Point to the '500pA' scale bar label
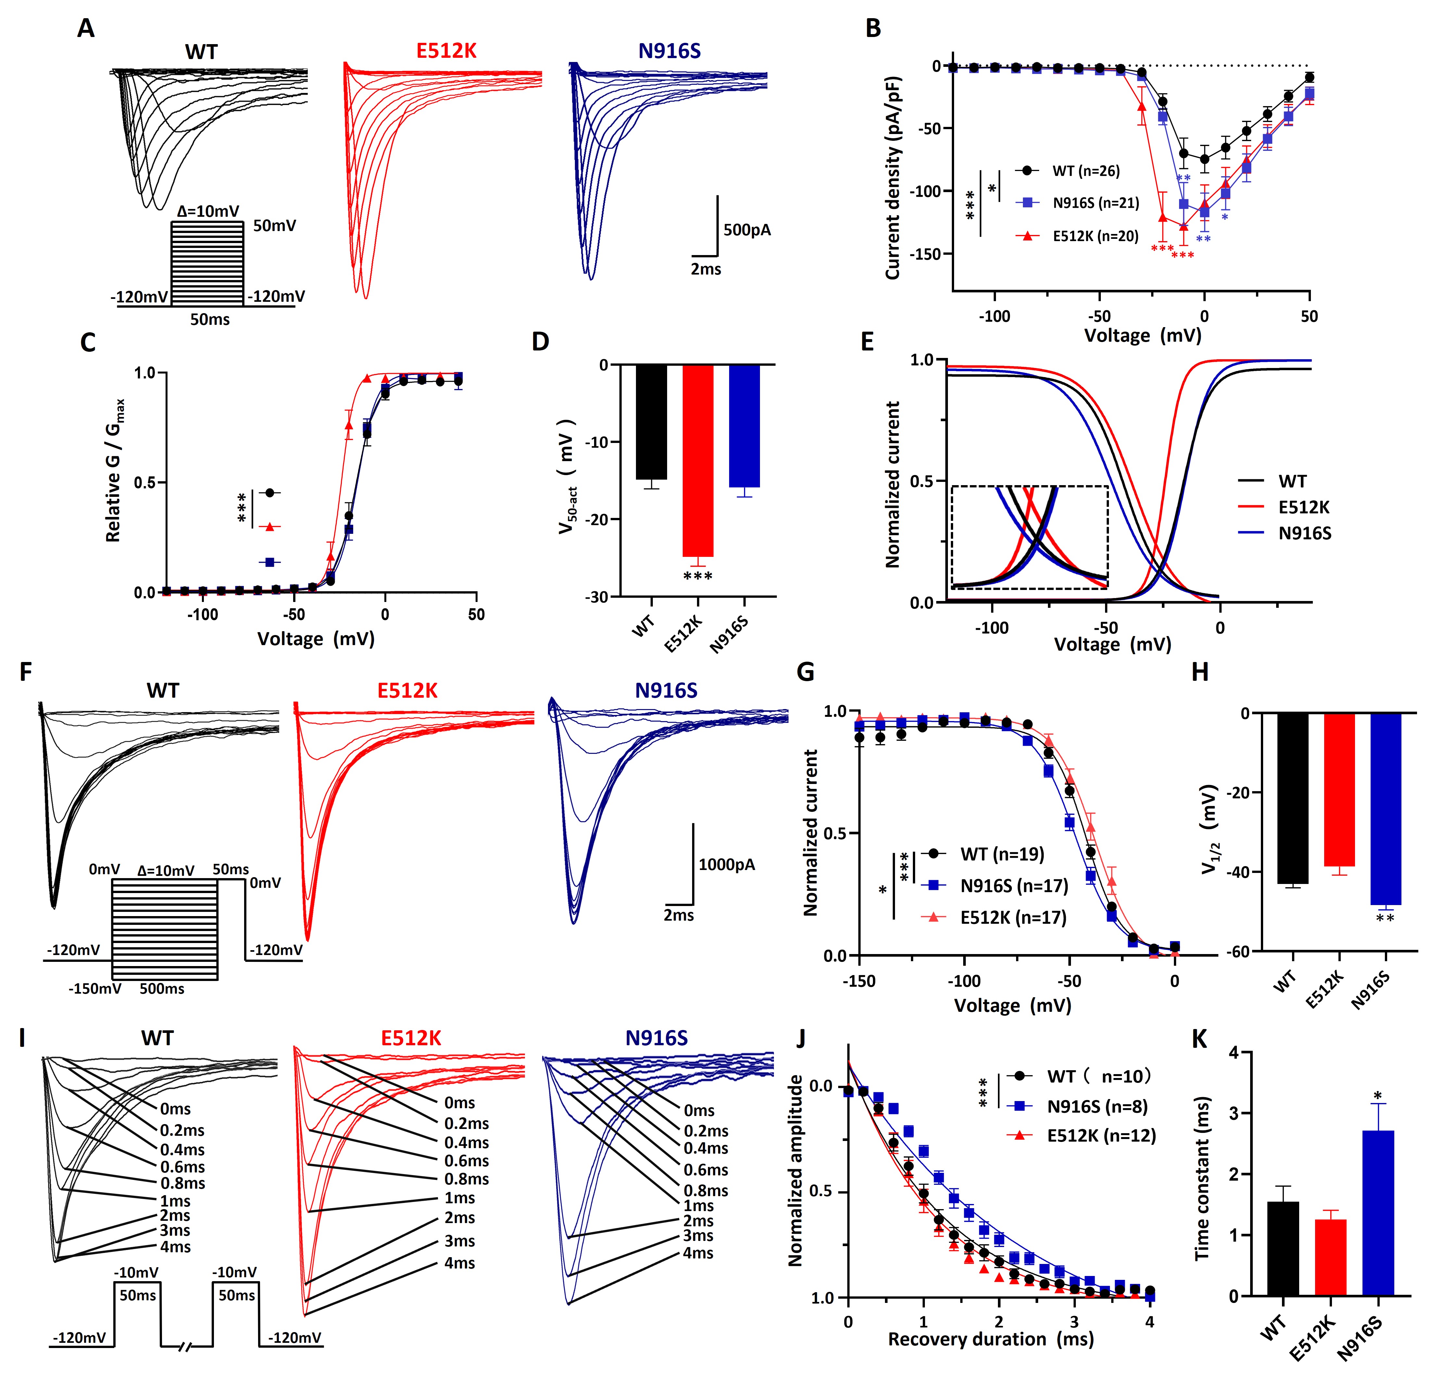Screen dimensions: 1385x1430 click(x=747, y=230)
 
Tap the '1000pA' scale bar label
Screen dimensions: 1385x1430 click(x=727, y=865)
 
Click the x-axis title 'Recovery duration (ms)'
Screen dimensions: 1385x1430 click(x=991, y=1339)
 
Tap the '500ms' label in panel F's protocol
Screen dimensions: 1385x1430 click(x=162, y=989)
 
